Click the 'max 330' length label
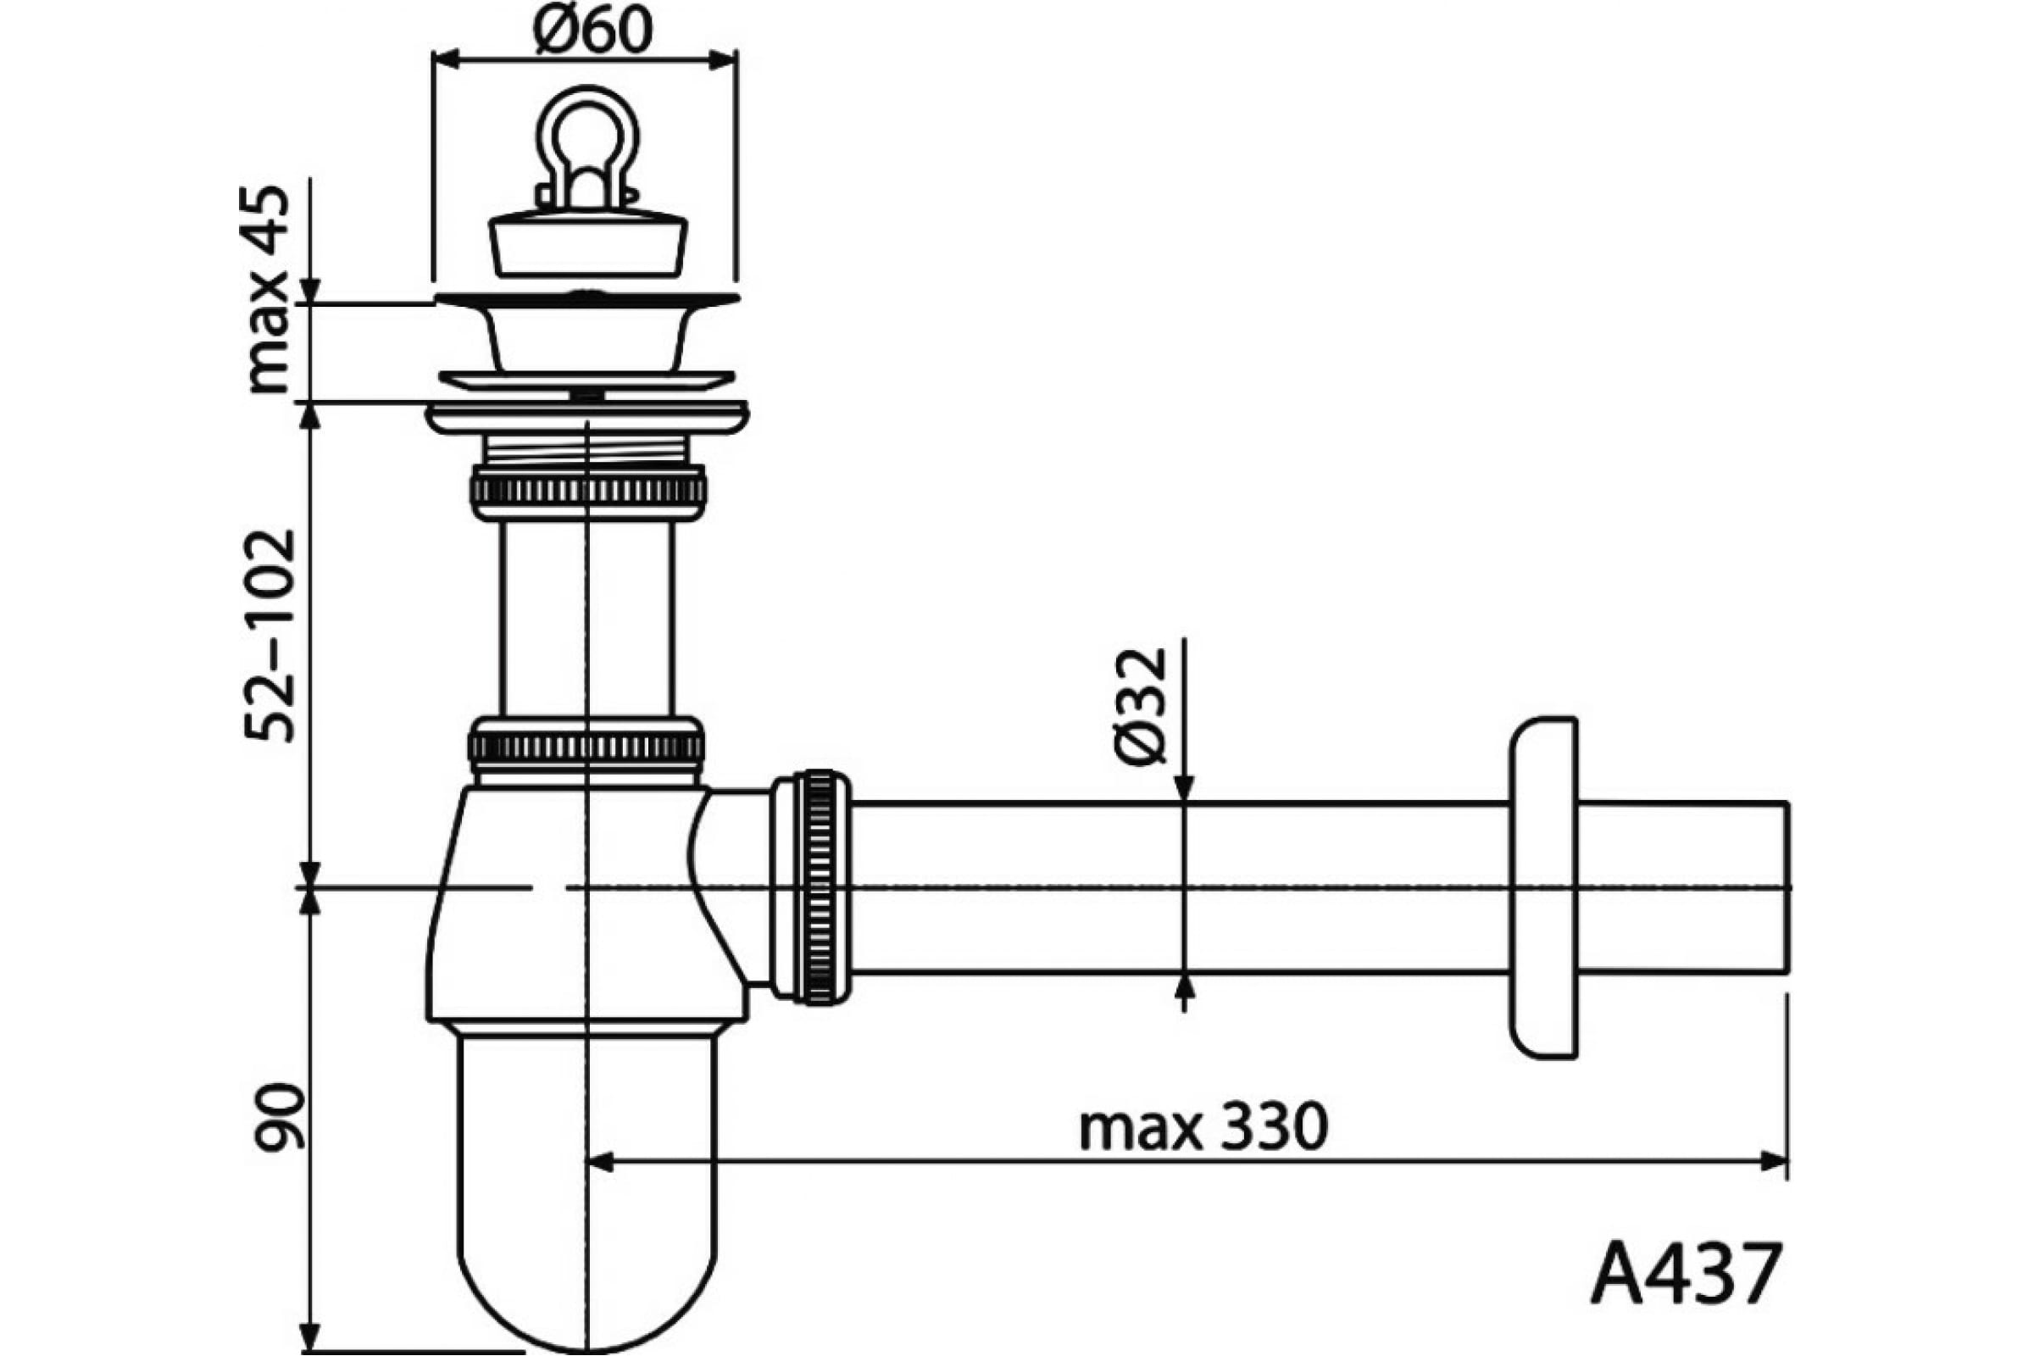1203,1127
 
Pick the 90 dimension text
280,1116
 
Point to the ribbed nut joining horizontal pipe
811,887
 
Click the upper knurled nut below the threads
588,492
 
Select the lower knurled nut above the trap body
586,744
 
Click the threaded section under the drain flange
587,449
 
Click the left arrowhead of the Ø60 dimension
447,58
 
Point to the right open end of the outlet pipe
1787,887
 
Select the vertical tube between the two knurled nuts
586,620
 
